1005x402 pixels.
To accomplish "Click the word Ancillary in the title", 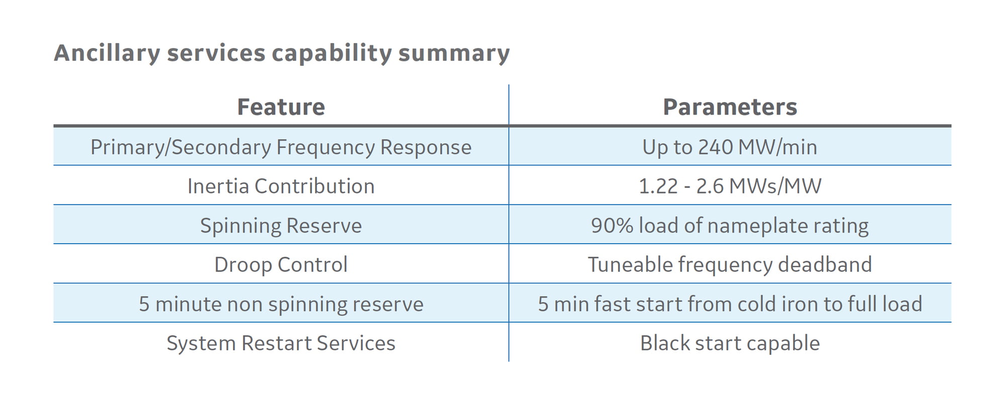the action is pyautogui.click(x=107, y=53).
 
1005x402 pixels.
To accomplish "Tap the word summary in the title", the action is pyautogui.click(x=454, y=53).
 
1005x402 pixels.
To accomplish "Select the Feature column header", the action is pyautogui.click(x=281, y=107).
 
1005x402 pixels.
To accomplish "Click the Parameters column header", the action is pyautogui.click(x=730, y=107).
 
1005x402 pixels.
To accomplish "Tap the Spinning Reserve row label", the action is pyautogui.click(x=281, y=226).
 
